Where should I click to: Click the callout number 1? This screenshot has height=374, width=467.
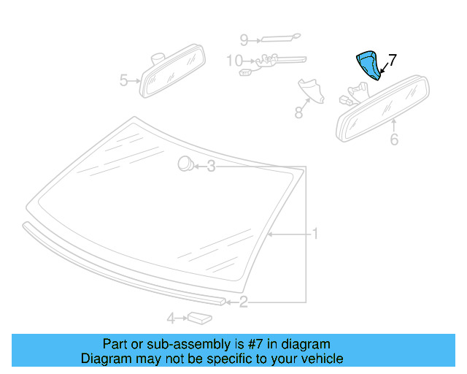[x=315, y=234]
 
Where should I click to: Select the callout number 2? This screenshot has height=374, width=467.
[x=244, y=300]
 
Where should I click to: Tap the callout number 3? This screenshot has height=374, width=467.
[x=211, y=167]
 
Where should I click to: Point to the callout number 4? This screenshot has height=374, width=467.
[x=171, y=318]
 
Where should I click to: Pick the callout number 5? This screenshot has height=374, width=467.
[x=124, y=80]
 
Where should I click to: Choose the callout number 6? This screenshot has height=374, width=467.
[x=394, y=139]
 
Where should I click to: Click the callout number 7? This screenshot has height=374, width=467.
[x=392, y=60]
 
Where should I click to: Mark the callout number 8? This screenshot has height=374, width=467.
[x=298, y=112]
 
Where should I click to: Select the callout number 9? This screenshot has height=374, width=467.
[x=244, y=39]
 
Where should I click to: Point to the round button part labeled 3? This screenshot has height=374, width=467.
[x=185, y=164]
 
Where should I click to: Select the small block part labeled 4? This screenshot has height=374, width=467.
[x=198, y=317]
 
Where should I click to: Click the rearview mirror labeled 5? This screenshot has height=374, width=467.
[x=174, y=71]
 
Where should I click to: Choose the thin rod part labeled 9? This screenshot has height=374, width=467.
[x=279, y=37]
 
